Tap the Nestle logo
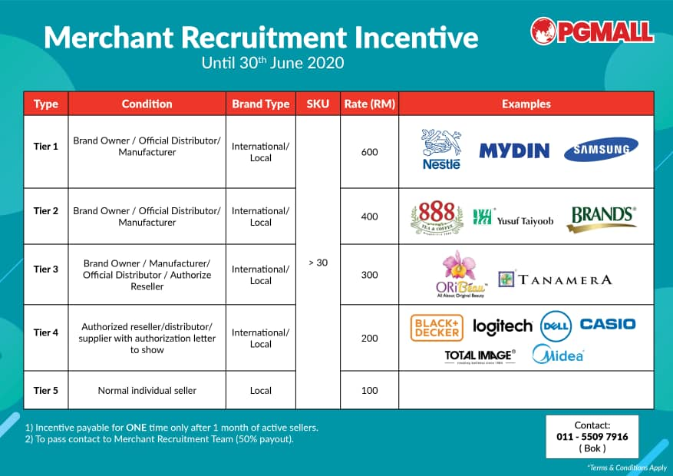441,149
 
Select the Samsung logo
601,150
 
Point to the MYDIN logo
514,150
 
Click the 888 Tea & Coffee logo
437,217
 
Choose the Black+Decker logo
437,328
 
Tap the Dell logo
556,326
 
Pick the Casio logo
608,324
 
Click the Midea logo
559,355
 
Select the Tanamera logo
556,279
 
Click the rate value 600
370,152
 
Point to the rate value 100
370,390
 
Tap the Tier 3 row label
46,269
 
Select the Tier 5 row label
46,390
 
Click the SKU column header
318,104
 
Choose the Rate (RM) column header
369,104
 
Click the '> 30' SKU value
318,263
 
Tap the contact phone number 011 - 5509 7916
592,437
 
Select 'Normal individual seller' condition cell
147,390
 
